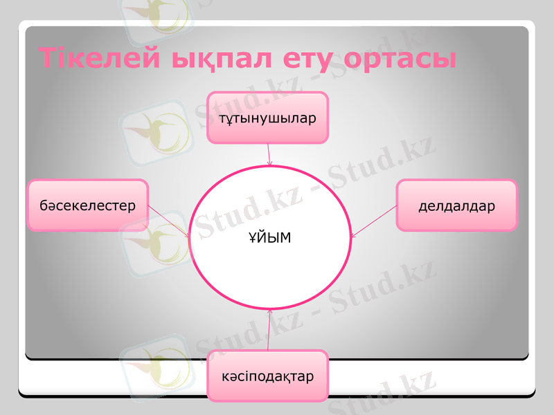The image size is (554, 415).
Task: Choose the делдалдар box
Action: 456,205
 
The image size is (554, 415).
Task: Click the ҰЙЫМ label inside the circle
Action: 269,238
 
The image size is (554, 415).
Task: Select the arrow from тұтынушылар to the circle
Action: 269,154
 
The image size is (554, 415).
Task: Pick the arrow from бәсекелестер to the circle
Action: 169,221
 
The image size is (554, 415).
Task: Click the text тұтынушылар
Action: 267,118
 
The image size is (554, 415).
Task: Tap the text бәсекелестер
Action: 88,205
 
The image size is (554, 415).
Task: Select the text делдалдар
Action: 456,206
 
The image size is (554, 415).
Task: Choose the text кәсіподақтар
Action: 267,377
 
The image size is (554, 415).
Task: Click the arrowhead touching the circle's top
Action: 269,163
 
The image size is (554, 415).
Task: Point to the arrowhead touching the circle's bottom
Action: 269,312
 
